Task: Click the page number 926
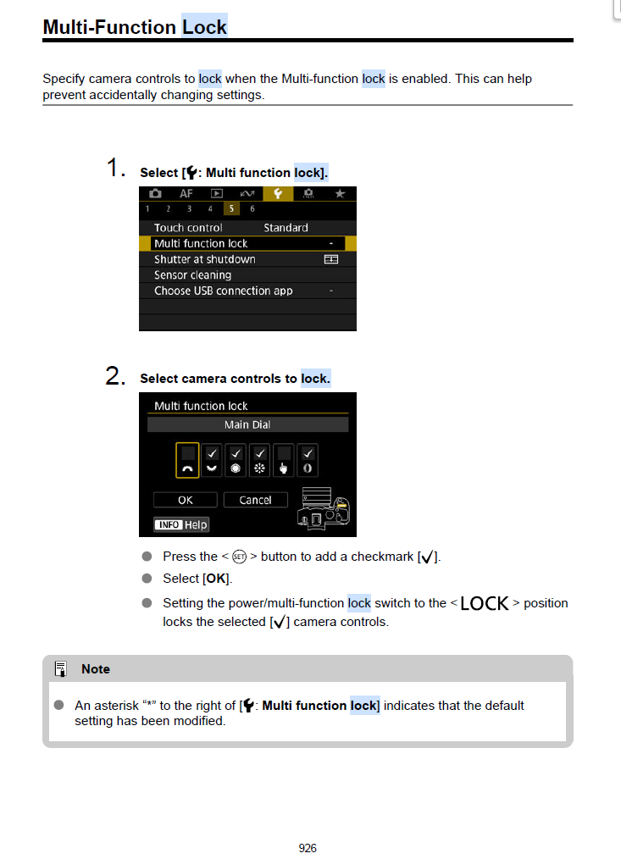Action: click(x=308, y=847)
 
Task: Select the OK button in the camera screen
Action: click(x=185, y=500)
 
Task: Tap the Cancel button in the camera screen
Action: click(x=255, y=500)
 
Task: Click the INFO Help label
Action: click(x=180, y=524)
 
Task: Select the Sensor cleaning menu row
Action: click(x=192, y=275)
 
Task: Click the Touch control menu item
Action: click(x=188, y=227)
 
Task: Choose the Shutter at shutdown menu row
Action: click(x=204, y=259)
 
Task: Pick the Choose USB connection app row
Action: click(x=223, y=291)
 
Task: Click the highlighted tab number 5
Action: click(x=230, y=209)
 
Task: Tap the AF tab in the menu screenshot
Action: click(x=186, y=194)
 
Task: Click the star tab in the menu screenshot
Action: click(x=340, y=194)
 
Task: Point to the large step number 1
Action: click(x=116, y=169)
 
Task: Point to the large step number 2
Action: click(x=116, y=376)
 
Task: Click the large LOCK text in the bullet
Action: click(x=485, y=603)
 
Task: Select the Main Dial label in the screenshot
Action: click(x=247, y=424)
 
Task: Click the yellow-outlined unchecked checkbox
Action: click(x=187, y=460)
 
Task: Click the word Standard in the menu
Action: click(x=286, y=227)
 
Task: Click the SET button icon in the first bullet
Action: click(x=239, y=557)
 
